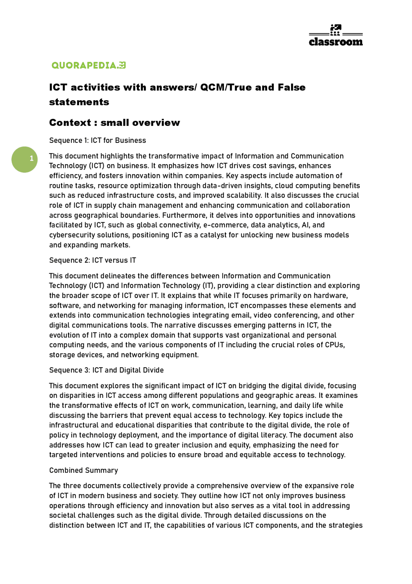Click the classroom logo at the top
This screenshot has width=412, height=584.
[x=335, y=35]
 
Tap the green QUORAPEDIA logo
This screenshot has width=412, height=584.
[x=89, y=65]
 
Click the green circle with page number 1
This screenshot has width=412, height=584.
[x=24, y=159]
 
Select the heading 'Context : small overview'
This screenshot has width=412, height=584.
[x=114, y=123]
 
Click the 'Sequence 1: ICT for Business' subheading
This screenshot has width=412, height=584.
[x=98, y=140]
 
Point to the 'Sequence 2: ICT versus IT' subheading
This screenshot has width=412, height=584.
[x=92, y=260]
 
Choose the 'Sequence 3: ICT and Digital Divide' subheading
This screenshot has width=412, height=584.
[x=106, y=370]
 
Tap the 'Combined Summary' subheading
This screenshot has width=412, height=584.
[x=83, y=470]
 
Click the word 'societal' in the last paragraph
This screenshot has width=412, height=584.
[x=61, y=515]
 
